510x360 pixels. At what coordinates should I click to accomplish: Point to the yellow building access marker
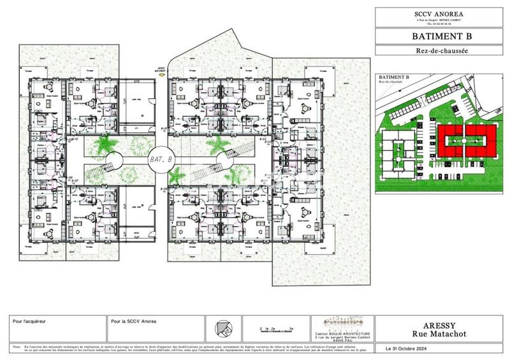pyautogui.click(x=162, y=75)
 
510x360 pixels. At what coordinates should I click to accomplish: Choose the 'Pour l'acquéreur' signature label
pyautogui.click(x=29, y=322)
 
